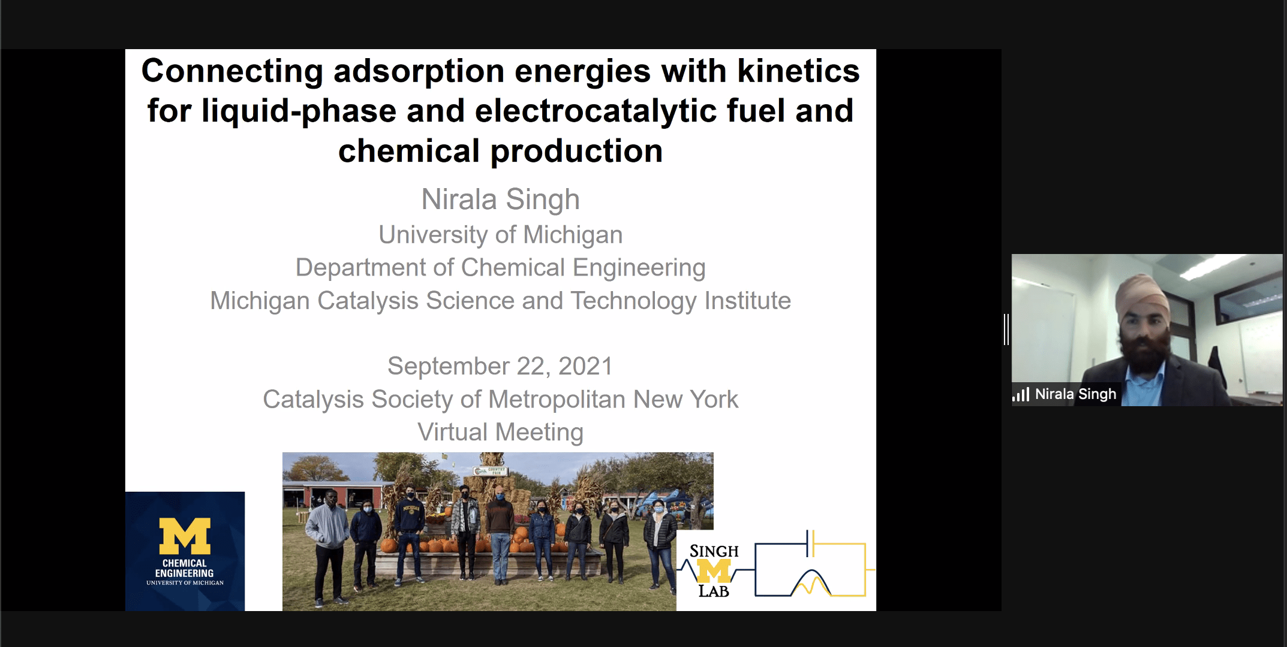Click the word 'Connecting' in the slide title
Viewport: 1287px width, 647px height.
pyautogui.click(x=232, y=72)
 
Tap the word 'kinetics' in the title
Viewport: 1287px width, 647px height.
pyautogui.click(x=798, y=71)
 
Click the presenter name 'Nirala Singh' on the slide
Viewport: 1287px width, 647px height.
pyautogui.click(x=500, y=199)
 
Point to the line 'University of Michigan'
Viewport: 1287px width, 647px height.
pyautogui.click(x=500, y=235)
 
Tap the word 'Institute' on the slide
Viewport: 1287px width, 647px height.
pyautogui.click(x=747, y=300)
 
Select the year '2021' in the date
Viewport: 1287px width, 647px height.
pyautogui.click(x=585, y=366)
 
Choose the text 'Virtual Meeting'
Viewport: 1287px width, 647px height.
pyautogui.click(x=500, y=432)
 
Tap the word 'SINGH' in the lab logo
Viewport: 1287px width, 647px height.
pyautogui.click(x=714, y=551)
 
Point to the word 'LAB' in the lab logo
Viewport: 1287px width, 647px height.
pyautogui.click(x=714, y=591)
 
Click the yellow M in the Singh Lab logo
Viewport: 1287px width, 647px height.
pyautogui.click(x=714, y=571)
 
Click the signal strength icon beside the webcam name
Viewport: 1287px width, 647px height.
pyautogui.click(x=1021, y=394)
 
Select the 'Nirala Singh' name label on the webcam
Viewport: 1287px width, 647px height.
pyautogui.click(x=1075, y=394)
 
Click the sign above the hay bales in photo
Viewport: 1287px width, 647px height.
pyautogui.click(x=490, y=471)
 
